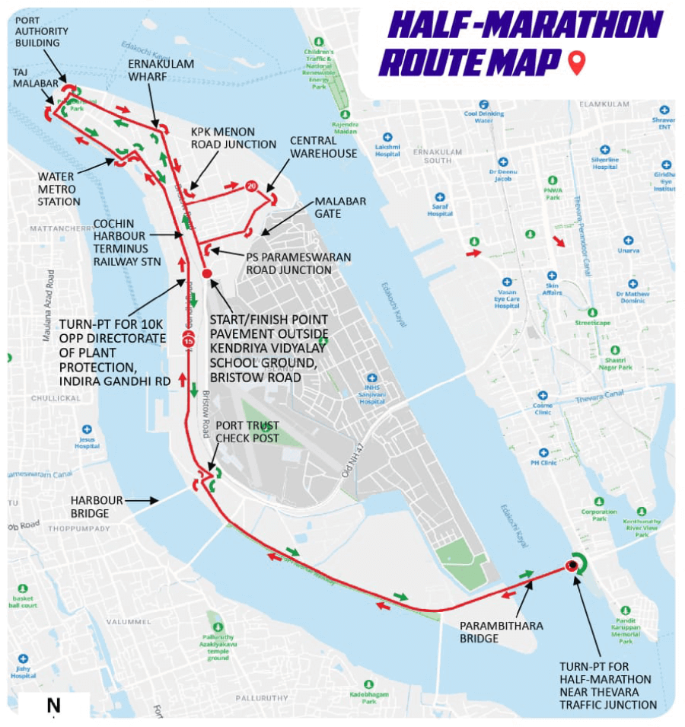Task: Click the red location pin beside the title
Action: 577,62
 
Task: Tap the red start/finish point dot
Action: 206,273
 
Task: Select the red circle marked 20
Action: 251,185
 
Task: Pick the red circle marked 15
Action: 189,341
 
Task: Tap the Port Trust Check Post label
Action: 247,432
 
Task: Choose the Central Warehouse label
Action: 323,147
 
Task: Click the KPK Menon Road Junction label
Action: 233,138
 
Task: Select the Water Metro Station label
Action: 59,189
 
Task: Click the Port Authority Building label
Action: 42,31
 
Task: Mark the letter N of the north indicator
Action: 53,706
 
